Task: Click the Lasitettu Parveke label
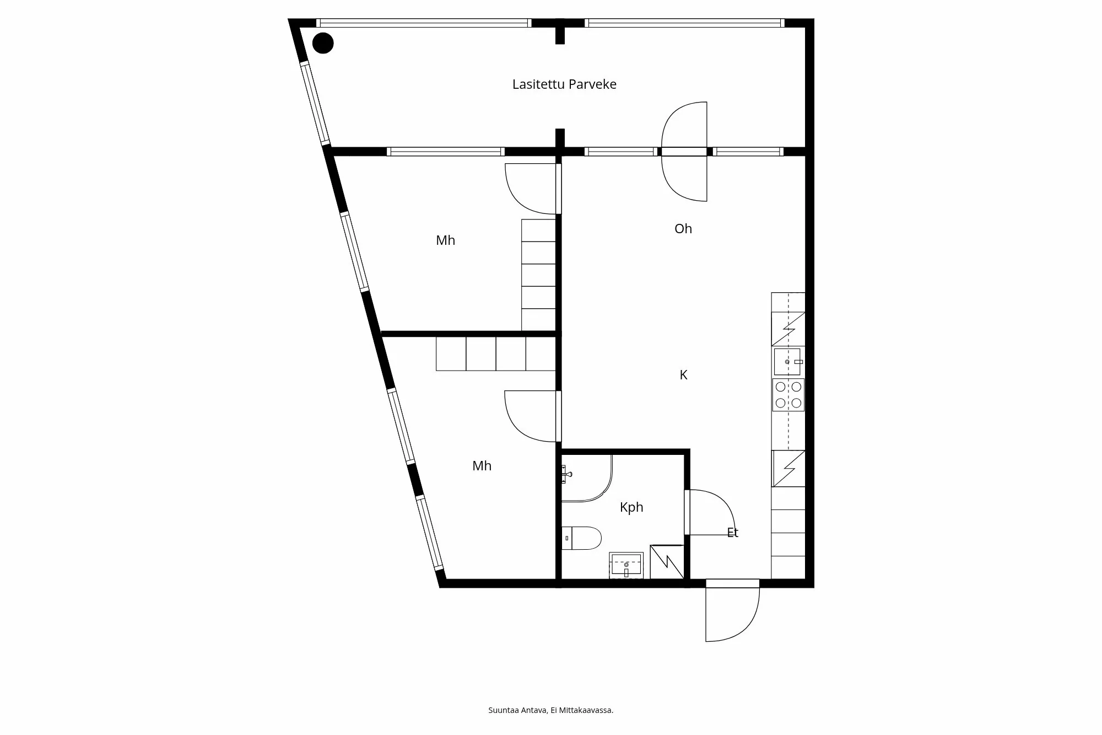click(564, 84)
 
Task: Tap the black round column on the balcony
click(323, 43)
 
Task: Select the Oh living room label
click(683, 229)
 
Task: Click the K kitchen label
click(683, 375)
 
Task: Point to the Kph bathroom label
click(631, 507)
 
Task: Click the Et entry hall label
click(732, 533)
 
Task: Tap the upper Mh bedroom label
click(445, 240)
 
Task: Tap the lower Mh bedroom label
click(482, 466)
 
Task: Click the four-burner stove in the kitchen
click(788, 395)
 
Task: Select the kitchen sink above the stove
click(787, 362)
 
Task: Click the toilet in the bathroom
click(582, 538)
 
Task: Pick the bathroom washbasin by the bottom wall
click(626, 565)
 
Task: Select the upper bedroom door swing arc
click(521, 196)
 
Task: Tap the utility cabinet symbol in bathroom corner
click(667, 562)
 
